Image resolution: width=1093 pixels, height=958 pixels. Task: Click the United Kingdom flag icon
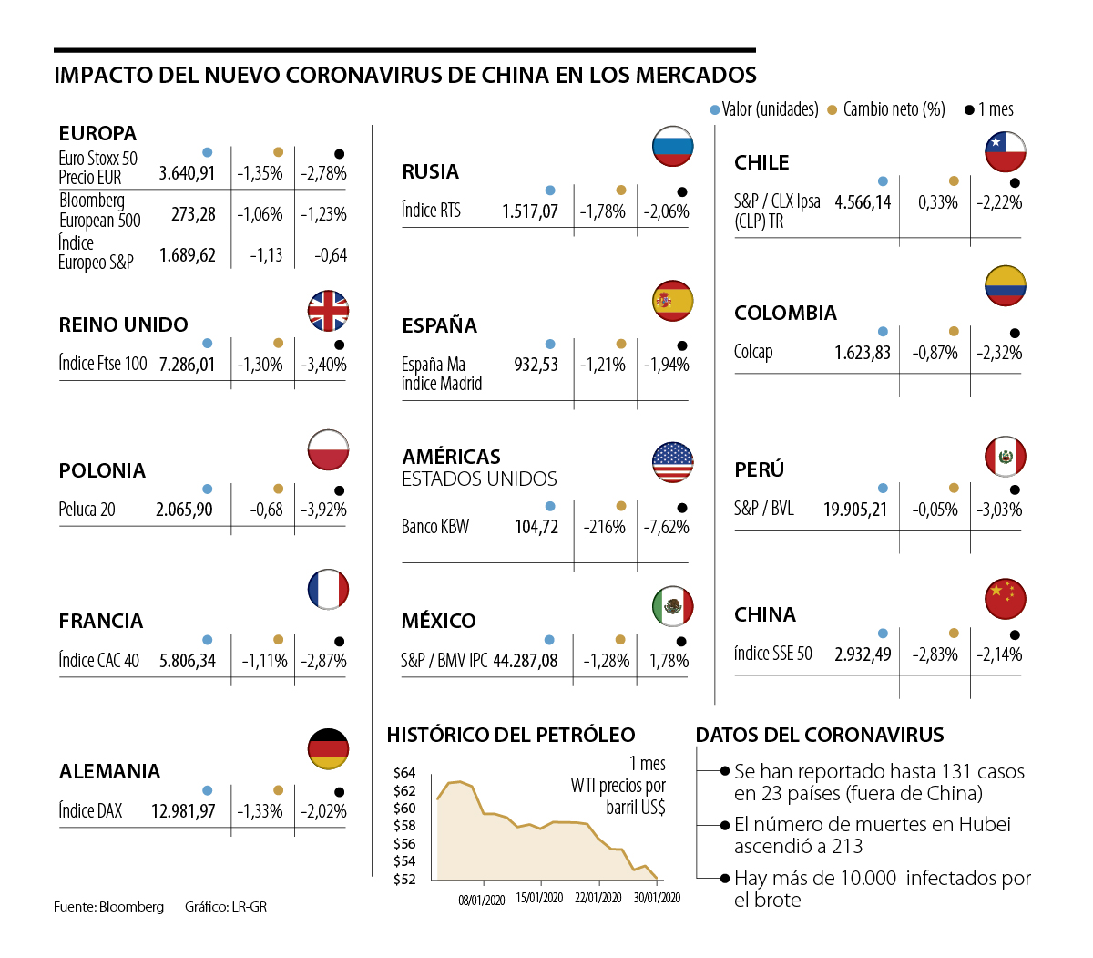(328, 311)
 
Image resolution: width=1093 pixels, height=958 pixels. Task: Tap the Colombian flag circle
(1005, 286)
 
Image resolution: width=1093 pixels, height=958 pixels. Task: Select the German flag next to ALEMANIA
(328, 749)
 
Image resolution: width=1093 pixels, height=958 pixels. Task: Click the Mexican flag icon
(673, 606)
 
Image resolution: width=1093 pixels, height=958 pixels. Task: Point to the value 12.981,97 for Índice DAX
(183, 811)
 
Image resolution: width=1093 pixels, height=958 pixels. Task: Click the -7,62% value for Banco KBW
(666, 527)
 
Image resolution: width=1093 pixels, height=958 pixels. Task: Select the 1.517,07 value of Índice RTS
(529, 211)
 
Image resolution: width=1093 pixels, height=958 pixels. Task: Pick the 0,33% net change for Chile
(938, 202)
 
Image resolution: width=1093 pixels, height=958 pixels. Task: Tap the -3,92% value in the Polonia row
(323, 510)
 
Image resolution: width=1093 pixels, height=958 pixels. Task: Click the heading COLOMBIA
(785, 314)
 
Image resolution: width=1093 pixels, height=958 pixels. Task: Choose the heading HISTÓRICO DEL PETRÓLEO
(511, 735)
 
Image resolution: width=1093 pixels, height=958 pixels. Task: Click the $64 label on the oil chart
(404, 773)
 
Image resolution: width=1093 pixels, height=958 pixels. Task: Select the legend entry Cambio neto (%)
(894, 109)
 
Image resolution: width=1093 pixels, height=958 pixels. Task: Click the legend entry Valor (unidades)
(770, 109)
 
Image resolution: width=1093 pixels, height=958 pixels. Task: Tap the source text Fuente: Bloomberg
(108, 906)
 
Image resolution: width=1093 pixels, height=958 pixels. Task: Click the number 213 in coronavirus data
(846, 846)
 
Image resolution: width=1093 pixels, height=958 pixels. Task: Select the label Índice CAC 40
(99, 661)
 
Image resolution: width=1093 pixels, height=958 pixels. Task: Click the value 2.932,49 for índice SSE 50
(863, 654)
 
